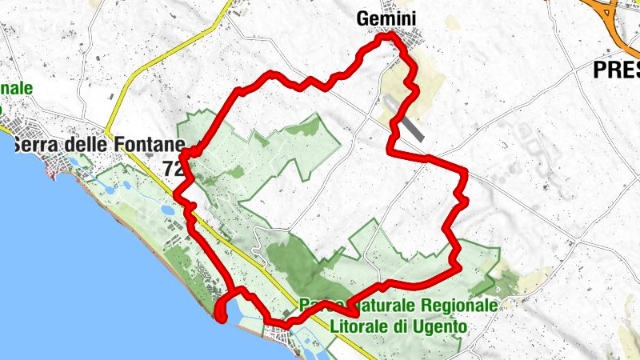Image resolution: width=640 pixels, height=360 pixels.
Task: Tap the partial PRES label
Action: [x=616, y=70]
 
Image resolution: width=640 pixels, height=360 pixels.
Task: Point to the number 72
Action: [x=172, y=168]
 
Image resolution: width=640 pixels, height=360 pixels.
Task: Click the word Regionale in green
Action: [x=458, y=306]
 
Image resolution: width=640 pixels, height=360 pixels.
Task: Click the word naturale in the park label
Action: [x=379, y=306]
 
